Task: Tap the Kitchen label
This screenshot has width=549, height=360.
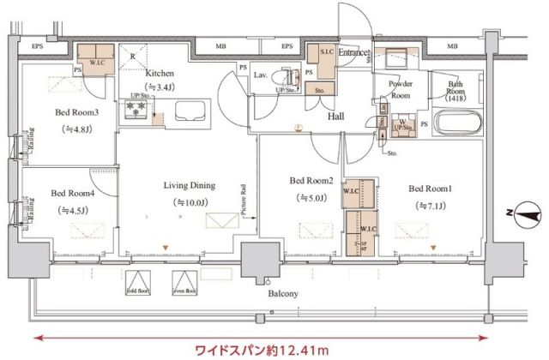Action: (160, 74)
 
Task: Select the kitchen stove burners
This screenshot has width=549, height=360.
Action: (135, 110)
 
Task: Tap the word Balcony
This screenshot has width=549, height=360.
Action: (282, 294)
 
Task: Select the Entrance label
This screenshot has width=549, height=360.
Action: (353, 53)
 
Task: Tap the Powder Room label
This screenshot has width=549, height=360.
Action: (401, 89)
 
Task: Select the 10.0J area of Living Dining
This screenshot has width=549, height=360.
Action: (190, 202)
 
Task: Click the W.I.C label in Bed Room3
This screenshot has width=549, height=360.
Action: (95, 62)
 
